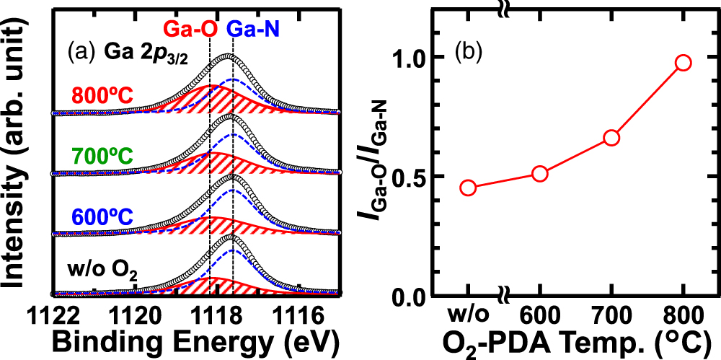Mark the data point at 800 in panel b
tap(684, 63)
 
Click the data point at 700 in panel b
tap(611, 138)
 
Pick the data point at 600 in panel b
tap(540, 173)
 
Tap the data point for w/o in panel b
tap(468, 188)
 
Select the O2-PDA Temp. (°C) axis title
tap(570, 340)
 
